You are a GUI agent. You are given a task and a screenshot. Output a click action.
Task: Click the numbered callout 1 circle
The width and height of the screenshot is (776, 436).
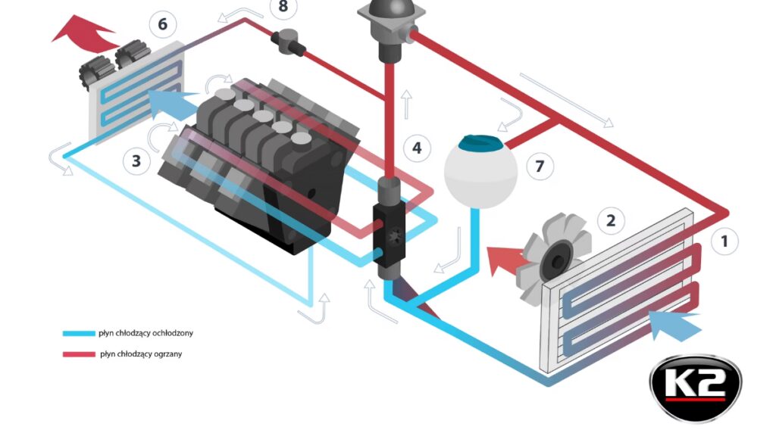tap(724, 241)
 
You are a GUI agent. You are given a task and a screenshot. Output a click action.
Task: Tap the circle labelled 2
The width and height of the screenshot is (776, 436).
tap(611, 221)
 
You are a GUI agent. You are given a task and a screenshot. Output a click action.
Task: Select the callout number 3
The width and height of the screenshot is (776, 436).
tap(136, 160)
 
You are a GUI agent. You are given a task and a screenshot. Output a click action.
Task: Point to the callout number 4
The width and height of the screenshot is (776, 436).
tap(417, 148)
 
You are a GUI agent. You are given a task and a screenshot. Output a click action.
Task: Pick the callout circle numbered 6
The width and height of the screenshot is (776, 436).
tap(162, 24)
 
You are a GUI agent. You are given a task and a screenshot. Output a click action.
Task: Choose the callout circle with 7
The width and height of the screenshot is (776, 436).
tap(540, 166)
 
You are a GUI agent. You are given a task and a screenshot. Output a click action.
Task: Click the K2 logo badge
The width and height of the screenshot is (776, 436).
tap(695, 388)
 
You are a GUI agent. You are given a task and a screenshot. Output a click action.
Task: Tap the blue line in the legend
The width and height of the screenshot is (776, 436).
tap(78, 332)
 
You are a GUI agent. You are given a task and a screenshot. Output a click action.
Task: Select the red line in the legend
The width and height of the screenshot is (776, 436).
tap(78, 353)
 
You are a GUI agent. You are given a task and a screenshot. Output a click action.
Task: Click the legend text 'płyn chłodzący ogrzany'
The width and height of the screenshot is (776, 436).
tap(141, 353)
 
